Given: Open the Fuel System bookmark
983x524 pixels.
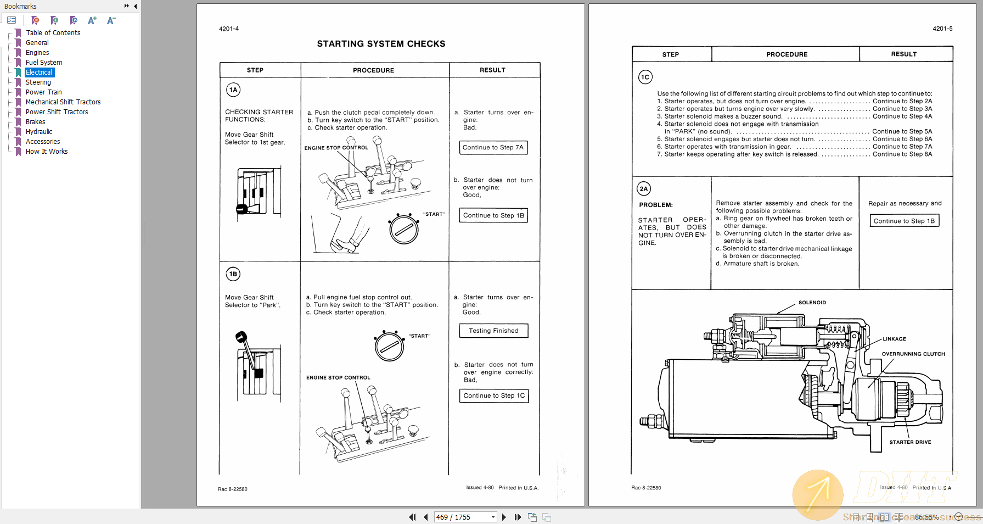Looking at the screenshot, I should [x=44, y=63].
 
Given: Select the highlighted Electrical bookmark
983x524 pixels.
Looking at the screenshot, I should [x=39, y=73].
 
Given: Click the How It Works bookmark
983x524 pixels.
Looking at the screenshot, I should [x=47, y=152].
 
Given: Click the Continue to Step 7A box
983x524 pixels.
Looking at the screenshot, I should [x=493, y=148].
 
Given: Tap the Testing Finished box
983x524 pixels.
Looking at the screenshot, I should [x=493, y=331].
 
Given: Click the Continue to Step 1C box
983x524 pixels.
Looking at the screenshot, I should [x=494, y=395].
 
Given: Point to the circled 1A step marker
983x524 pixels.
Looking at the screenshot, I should [x=233, y=90].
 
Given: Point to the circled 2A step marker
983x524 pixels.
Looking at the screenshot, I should [x=644, y=189].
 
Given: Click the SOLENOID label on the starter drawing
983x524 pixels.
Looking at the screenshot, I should [x=812, y=303].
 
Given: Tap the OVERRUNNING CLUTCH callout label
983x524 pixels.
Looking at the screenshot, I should [x=913, y=354].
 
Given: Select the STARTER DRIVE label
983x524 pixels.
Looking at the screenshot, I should [x=910, y=442].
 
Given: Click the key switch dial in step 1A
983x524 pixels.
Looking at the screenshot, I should [x=404, y=230].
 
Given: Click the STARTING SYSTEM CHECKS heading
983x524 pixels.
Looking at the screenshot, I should [x=381, y=44].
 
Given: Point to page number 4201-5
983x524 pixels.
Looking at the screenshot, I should [x=942, y=29].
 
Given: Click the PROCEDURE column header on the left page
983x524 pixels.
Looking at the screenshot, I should [x=373, y=70].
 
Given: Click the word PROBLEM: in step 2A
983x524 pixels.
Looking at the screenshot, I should [x=656, y=205].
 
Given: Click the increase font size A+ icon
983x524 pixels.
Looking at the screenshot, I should [x=92, y=20].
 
